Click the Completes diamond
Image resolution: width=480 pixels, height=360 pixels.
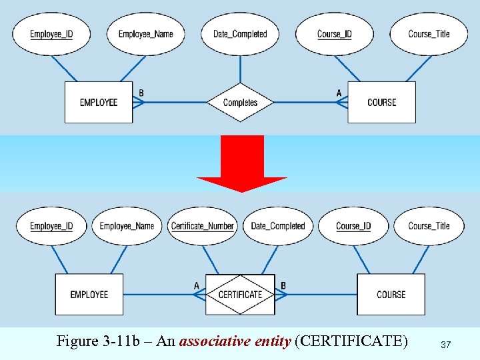click(240, 103)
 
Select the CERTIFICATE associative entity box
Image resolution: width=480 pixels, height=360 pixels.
click(240, 295)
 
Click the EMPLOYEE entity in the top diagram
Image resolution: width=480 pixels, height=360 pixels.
click(99, 103)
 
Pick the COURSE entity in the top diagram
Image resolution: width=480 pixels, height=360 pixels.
click(381, 103)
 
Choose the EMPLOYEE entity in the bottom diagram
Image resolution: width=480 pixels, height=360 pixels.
click(89, 295)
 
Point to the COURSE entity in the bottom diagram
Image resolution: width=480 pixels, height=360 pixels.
click(391, 295)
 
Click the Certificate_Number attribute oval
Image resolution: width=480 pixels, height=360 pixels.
click(203, 226)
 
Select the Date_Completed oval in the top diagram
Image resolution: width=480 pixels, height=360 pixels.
click(240, 34)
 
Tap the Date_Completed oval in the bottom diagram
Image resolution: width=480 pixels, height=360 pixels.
click(277, 226)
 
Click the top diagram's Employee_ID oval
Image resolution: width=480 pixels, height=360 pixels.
click(51, 34)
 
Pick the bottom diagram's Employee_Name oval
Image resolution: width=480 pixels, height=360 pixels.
click(127, 226)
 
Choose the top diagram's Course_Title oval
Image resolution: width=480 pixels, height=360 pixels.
click(429, 34)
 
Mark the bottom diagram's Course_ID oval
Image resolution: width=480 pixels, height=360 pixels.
click(353, 226)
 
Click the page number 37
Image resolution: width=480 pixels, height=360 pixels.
click(446, 345)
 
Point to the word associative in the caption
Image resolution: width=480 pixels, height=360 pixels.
click(215, 342)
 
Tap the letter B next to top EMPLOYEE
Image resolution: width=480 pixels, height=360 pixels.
click(141, 93)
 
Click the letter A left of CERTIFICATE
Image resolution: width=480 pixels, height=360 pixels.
click(197, 285)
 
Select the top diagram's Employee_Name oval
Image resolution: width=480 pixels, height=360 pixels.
click(145, 34)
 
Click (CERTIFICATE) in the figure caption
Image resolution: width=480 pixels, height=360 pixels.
click(351, 342)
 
